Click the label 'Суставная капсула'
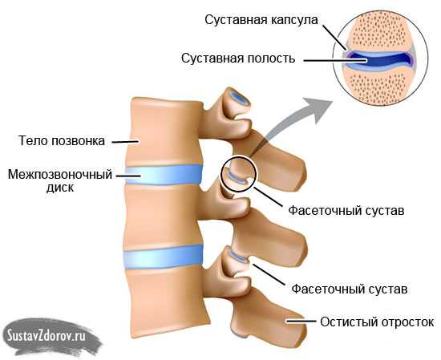point(261,20)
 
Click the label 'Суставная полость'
point(238,59)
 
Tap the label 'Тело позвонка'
point(62,140)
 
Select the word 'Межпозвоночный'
point(60,175)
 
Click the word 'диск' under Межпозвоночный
point(60,188)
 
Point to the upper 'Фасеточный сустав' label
point(346,211)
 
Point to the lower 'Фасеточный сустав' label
point(350,289)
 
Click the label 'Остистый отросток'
point(377,322)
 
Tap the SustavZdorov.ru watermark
point(47,336)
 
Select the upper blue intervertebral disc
point(164,174)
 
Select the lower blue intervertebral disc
point(164,257)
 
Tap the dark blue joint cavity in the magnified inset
point(380,60)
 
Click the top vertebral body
point(165,131)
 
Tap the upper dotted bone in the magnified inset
point(380,31)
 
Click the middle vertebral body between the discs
point(163,214)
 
